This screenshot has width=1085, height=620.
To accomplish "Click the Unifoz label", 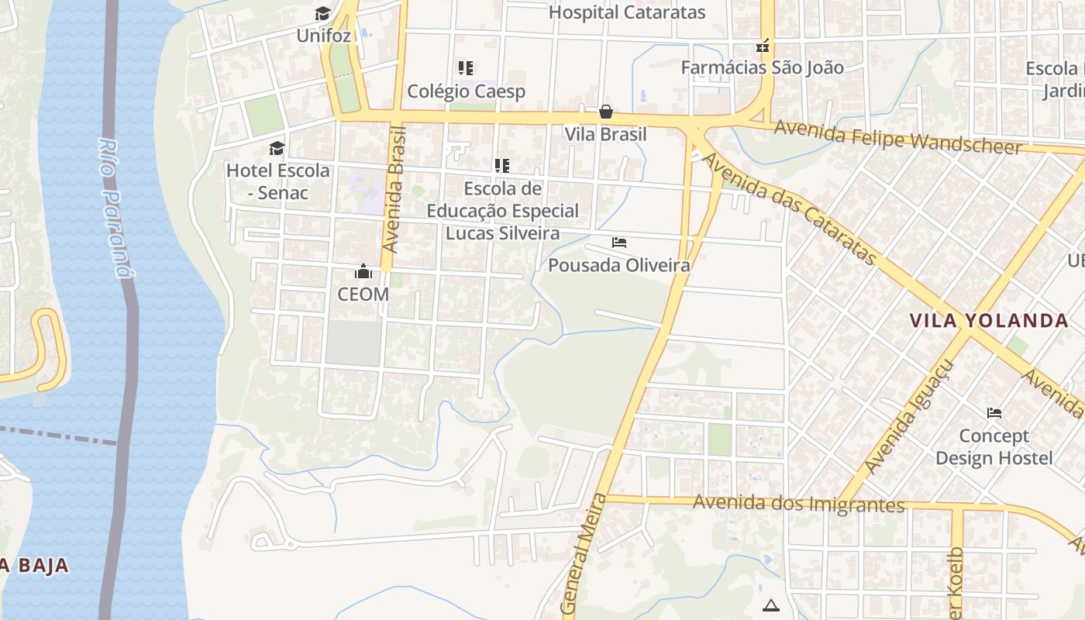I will point(324,36).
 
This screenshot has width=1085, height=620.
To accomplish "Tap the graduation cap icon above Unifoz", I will point(322,14).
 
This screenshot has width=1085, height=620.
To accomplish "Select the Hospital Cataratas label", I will point(627,12).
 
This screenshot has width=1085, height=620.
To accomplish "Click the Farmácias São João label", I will point(762,67).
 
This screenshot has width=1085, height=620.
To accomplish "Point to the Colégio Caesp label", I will point(467,91).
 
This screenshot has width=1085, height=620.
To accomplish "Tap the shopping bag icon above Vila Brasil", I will point(606,112).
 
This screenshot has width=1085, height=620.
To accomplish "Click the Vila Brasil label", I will point(605,134).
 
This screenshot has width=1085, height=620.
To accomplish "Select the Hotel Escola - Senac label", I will point(278,181).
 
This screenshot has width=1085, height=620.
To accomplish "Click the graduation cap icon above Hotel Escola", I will point(277,148).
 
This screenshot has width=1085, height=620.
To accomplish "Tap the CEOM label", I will point(363,294).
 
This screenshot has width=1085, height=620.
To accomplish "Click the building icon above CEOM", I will point(363,271).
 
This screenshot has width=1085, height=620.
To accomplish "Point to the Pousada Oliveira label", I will point(619,265).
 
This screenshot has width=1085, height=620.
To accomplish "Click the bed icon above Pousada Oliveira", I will point(619,243).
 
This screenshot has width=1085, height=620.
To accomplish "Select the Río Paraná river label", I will point(113,207).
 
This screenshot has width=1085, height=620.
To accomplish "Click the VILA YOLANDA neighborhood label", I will point(989,320).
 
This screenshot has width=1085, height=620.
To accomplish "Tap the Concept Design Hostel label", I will point(994,446).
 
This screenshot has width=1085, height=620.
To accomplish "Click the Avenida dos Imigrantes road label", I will point(799,504).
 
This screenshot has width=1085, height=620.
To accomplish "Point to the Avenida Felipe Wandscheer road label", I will point(897,137).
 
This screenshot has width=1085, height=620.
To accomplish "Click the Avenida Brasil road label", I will point(395,190).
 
